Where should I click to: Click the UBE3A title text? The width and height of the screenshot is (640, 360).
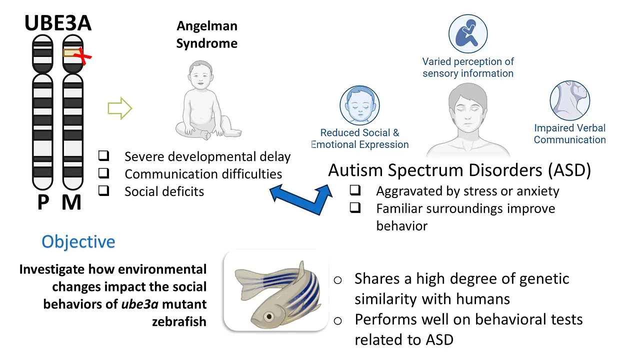pos(58,23)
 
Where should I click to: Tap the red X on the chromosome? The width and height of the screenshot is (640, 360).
pos(82,56)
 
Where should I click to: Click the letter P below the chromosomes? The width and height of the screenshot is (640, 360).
pos(43,202)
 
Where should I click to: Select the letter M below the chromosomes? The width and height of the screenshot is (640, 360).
pos(71,202)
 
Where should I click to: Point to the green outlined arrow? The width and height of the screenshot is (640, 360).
pos(120,108)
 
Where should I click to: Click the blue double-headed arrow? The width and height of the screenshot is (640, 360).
pos(301,199)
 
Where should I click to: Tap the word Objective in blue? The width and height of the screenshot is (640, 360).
pos(78,241)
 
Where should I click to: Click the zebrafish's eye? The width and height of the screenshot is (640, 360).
pos(268,316)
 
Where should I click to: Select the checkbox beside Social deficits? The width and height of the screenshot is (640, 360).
pos(103,190)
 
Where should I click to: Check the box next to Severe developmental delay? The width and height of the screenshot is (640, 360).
pos(103,155)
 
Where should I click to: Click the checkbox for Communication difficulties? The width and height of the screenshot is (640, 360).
pos(103,173)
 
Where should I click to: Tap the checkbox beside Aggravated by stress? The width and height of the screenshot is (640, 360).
pos(355,190)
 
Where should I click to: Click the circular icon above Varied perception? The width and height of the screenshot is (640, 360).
pos(468,33)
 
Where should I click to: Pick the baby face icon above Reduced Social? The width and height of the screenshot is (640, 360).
pos(359,105)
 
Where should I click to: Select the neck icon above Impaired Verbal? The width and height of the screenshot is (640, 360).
pos(570,100)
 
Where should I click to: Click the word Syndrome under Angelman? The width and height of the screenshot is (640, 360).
pos(207,44)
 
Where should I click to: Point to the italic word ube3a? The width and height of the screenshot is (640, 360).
pos(139,304)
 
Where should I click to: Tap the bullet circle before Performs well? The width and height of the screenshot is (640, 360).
pos(337,321)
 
